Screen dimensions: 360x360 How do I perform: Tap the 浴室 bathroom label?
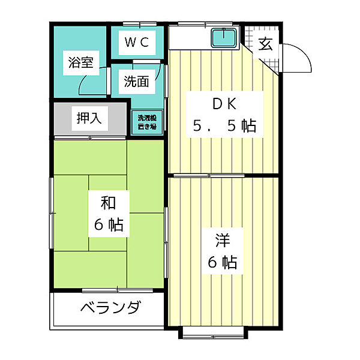click(x=80, y=62)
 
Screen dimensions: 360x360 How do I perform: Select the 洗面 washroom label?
click(x=136, y=82)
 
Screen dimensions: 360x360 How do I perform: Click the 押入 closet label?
click(x=89, y=118)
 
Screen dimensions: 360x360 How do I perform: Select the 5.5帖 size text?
click(x=224, y=126)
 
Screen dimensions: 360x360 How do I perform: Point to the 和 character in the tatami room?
click(x=108, y=203)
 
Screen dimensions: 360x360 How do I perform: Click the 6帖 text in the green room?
click(x=108, y=225)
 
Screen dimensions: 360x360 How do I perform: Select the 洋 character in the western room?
click(x=223, y=240)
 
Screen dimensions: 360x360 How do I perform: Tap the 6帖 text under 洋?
click(x=223, y=262)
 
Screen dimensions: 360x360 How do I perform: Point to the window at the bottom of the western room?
click(x=213, y=332)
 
